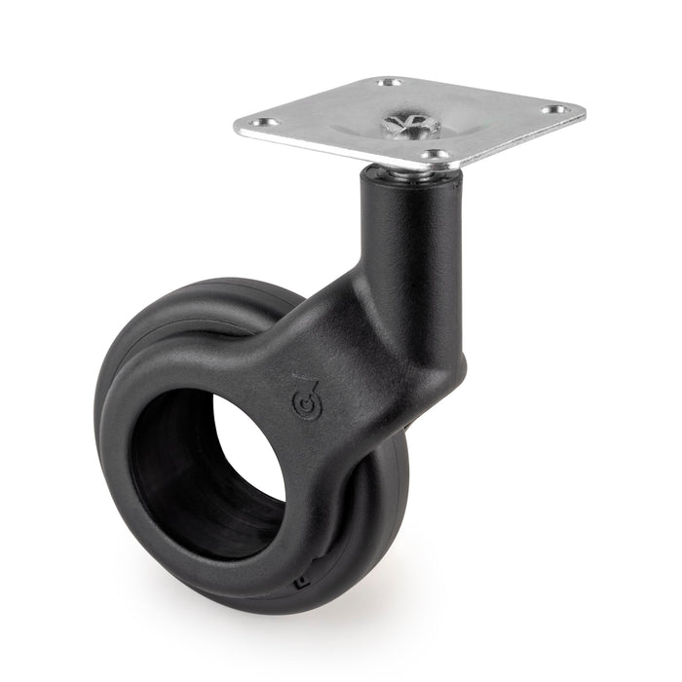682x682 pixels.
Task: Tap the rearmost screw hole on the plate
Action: pos(391,83)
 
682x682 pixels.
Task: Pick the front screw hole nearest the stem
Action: pos(438,155)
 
